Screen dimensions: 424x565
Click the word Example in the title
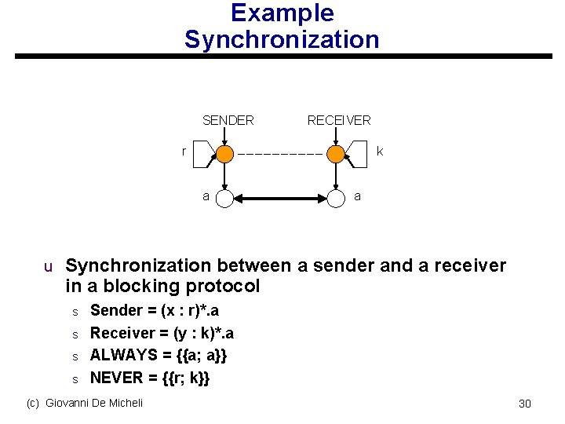click(x=282, y=13)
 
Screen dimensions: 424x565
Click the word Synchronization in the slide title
click(x=282, y=39)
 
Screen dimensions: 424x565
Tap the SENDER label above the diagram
click(x=228, y=120)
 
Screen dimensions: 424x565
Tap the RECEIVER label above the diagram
click(x=339, y=120)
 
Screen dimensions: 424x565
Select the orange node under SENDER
click(x=224, y=154)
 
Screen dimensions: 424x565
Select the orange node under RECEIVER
click(x=336, y=154)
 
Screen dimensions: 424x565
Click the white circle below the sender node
click(x=224, y=199)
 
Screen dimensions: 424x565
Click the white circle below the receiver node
click(x=336, y=199)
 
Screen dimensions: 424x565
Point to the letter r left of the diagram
click(x=184, y=151)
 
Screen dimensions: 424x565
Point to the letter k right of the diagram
click(x=380, y=151)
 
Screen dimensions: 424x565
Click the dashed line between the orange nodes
click(x=280, y=154)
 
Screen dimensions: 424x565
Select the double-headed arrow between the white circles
click(x=280, y=199)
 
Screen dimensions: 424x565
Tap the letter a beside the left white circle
click(x=206, y=196)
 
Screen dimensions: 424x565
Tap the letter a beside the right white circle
click(x=358, y=196)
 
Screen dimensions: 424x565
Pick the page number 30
click(x=525, y=404)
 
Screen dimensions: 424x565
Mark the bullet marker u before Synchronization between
click(x=48, y=267)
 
